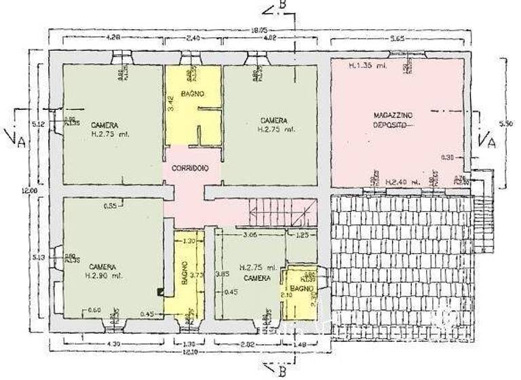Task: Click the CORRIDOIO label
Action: coord(190,168)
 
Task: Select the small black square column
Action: coord(160,292)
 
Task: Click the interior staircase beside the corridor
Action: coord(282,212)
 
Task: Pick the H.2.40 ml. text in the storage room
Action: coord(401,183)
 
